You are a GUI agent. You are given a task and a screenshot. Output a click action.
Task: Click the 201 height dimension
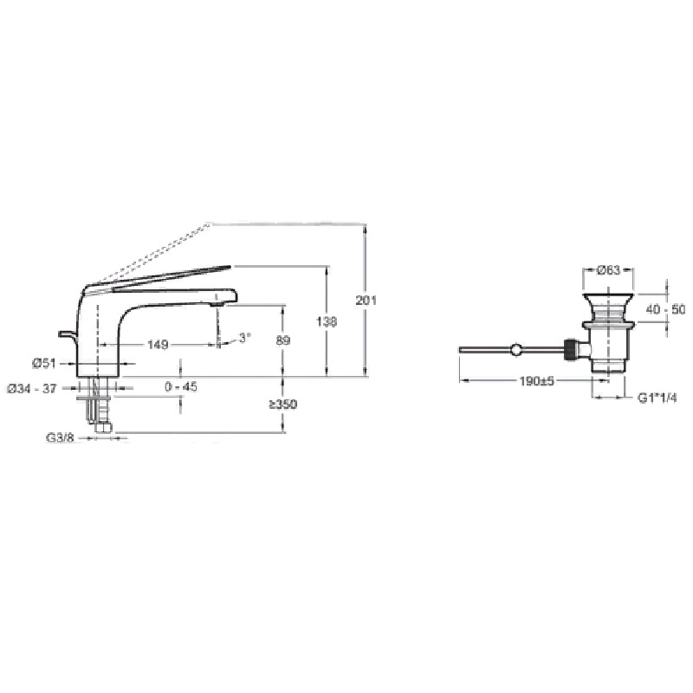point(366,301)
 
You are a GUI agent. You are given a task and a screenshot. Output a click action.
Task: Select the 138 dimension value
point(327,321)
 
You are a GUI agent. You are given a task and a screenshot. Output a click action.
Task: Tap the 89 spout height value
point(283,340)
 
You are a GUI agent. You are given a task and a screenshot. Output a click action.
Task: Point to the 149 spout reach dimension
point(158,344)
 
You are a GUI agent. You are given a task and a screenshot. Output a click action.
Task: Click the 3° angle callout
point(245,338)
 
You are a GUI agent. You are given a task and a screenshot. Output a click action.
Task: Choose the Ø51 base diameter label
point(44,363)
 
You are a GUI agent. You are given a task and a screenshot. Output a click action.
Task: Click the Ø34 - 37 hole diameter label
point(32,388)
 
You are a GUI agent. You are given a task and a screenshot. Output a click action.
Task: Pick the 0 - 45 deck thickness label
point(181,386)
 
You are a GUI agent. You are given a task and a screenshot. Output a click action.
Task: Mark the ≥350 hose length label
point(283,404)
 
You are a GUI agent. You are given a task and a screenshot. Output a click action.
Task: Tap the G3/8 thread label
point(61,438)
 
